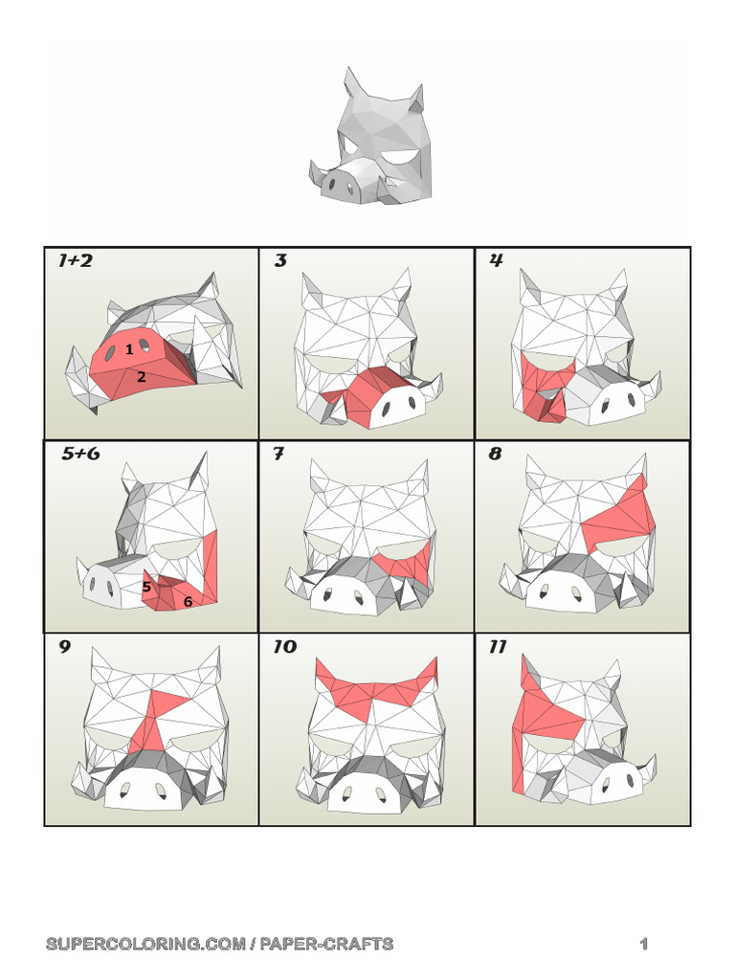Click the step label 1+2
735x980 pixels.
pos(75,260)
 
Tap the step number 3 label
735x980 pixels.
pos(280,260)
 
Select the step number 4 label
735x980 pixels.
pos(497,260)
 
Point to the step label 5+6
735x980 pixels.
pos(80,454)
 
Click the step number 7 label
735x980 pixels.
pos(278,454)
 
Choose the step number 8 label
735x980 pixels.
pos(495,454)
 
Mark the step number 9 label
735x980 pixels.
pos(65,647)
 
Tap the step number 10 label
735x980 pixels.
pos(285,647)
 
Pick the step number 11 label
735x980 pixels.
pos(498,647)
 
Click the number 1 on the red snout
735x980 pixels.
pos(129,349)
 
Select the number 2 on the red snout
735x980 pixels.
pos(142,376)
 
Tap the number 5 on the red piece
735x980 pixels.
pos(146,587)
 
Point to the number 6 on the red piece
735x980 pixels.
pos(188,602)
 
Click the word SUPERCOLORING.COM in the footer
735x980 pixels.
pos(145,944)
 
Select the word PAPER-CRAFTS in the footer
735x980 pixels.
pos(327,944)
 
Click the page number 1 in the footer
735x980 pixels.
pos(644,944)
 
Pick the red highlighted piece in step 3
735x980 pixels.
pos(363,393)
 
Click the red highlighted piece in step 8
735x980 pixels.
pos(619,519)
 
